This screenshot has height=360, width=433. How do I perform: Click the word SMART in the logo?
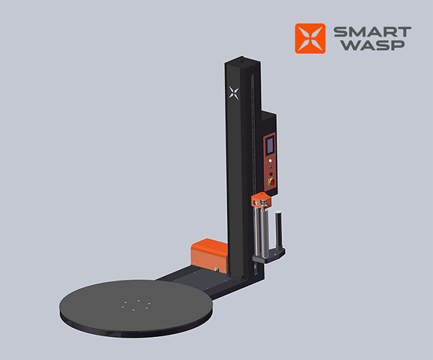(x=373, y=32)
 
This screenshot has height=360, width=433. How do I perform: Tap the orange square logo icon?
(x=310, y=39)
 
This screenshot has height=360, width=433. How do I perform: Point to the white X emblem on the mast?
(x=234, y=93)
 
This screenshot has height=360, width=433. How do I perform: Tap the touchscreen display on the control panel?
(x=270, y=146)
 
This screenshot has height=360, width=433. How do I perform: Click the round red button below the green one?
(x=271, y=174)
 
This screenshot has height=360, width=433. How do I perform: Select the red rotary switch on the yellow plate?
(x=272, y=182)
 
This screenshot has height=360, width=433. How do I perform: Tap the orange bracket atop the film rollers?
(x=261, y=201)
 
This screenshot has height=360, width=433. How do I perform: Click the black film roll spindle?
(x=278, y=230)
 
